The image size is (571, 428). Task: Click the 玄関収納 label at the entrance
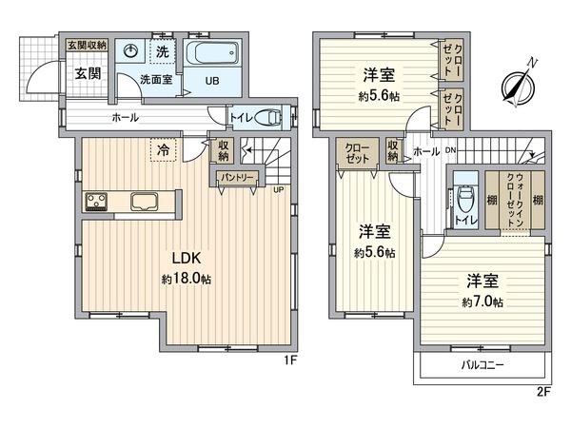tap(86, 45)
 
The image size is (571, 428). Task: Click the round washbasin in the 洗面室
tap(134, 52)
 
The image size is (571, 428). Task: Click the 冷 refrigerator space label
tap(164, 149)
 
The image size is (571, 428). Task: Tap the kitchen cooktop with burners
tap(98, 201)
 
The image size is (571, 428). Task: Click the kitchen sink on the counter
tap(145, 201)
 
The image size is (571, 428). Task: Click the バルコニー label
tap(482, 365)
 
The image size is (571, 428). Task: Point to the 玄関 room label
tap(76, 74)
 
